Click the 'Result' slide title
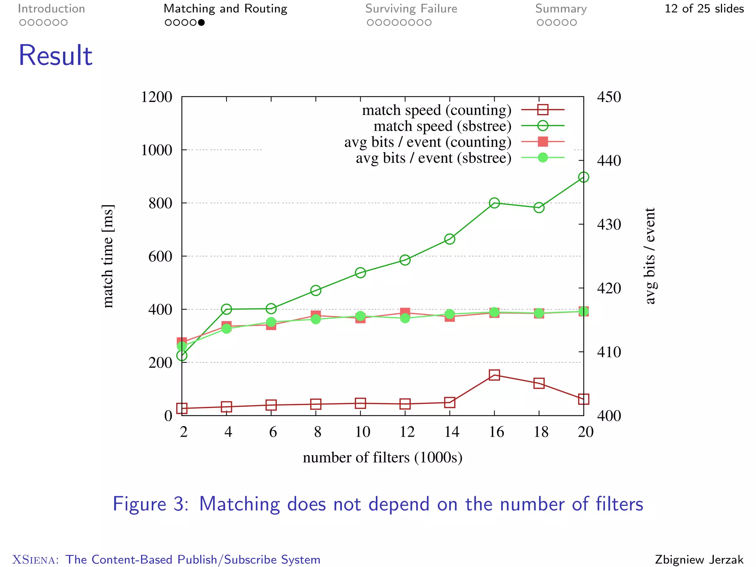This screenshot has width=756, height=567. (x=55, y=55)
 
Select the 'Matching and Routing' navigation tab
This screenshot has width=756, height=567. (x=225, y=8)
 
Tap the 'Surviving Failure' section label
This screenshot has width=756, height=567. (x=411, y=8)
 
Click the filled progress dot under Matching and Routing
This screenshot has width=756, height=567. (x=201, y=23)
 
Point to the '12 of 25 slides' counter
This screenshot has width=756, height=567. (x=704, y=8)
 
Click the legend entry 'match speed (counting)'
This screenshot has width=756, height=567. (x=437, y=110)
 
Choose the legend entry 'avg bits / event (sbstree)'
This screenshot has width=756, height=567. (x=433, y=158)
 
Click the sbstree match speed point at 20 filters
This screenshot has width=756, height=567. (x=584, y=177)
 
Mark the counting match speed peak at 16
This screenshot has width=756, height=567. (x=494, y=375)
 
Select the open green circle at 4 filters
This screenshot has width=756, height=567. (x=226, y=309)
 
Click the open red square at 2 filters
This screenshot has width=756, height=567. (x=182, y=408)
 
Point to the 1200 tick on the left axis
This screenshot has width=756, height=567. (x=157, y=97)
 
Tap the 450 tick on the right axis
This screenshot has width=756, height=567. (x=609, y=97)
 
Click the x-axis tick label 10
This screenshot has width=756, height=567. (x=362, y=432)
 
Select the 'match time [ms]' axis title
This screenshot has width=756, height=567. (x=108, y=256)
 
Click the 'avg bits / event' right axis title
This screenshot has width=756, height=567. (x=650, y=256)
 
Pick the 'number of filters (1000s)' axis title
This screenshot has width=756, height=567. (x=382, y=458)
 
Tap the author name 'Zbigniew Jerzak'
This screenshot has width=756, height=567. (x=699, y=560)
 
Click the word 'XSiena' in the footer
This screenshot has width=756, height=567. (x=35, y=560)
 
